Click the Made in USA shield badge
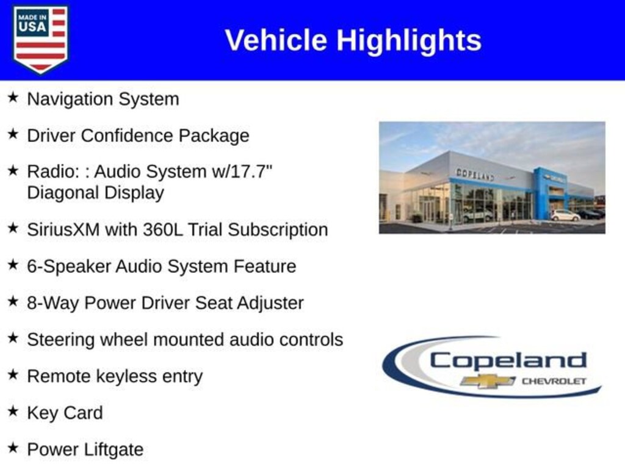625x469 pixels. click(x=40, y=39)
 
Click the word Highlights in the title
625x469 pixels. click(x=409, y=41)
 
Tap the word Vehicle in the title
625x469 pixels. click(x=276, y=40)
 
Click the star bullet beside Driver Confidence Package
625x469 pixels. click(x=13, y=134)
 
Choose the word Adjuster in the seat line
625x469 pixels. click(x=270, y=303)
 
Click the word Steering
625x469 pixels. click(x=61, y=340)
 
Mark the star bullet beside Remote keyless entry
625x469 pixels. click(x=13, y=375)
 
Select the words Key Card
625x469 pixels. click(x=65, y=413)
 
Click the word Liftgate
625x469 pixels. click(x=114, y=450)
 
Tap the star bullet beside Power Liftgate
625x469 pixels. click(x=13, y=448)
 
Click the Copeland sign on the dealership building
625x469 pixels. click(x=475, y=175)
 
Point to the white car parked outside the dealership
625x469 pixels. click(x=565, y=216)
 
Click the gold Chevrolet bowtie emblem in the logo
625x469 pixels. click(x=488, y=381)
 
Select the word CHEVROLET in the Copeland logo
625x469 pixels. click(x=554, y=381)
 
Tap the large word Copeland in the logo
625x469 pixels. click(x=508, y=360)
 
